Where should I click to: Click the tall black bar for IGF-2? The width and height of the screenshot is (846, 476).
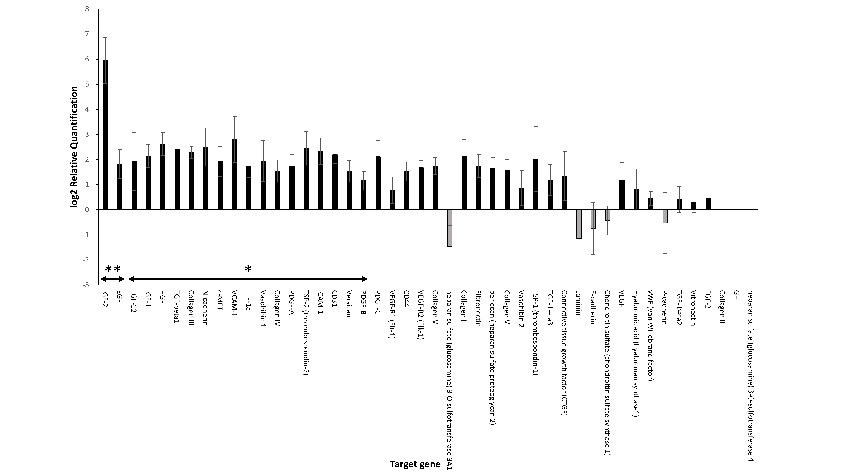coord(105,135)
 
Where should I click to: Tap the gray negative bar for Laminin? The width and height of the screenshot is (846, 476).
coord(579,224)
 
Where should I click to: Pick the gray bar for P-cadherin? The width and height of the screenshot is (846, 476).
coord(665,216)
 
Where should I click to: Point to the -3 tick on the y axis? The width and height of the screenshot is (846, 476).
coord(86,285)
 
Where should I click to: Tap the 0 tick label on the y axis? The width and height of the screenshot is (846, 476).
coord(87,210)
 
